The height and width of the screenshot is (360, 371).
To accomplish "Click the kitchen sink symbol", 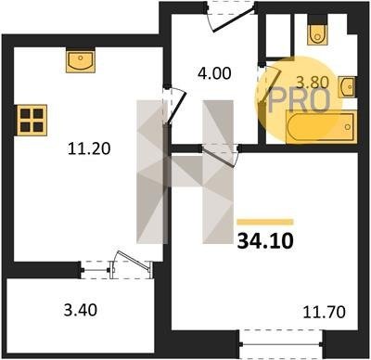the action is click(x=81, y=60).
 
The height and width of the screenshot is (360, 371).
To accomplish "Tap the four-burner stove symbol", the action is click(x=32, y=120).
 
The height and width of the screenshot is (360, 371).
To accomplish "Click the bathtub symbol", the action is click(x=322, y=127).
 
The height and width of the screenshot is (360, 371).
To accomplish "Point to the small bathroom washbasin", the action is click(x=347, y=87).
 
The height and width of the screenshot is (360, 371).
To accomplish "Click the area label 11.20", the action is click(x=89, y=148).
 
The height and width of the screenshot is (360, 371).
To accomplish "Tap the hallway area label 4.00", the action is click(x=214, y=73).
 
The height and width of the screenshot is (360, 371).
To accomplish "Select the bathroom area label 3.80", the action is click(x=313, y=83).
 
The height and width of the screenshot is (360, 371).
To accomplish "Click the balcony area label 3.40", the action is click(x=81, y=310).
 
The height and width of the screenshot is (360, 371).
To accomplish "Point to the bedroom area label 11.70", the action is click(x=324, y=312).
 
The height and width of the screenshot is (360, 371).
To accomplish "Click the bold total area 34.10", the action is click(x=265, y=241).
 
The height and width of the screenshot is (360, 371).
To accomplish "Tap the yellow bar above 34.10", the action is click(x=265, y=222).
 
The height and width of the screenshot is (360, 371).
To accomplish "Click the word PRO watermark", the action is click(x=299, y=100).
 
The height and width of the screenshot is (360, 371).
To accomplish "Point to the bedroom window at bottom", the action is click(x=281, y=344).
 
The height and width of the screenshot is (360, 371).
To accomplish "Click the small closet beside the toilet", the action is click(x=278, y=35).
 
